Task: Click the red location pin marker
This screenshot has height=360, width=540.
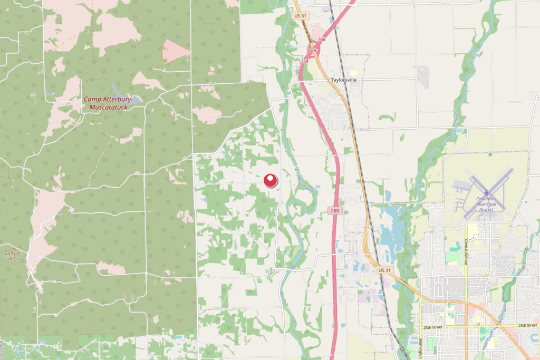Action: pyautogui.click(x=271, y=180)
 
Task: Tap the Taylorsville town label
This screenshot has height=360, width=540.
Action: pyautogui.click(x=344, y=80)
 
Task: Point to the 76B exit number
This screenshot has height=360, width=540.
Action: pyautogui.click(x=321, y=40)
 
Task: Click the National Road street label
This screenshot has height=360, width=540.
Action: pyautogui.click(x=304, y=38)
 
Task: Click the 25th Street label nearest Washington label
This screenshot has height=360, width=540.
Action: pyautogui.click(x=432, y=327)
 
